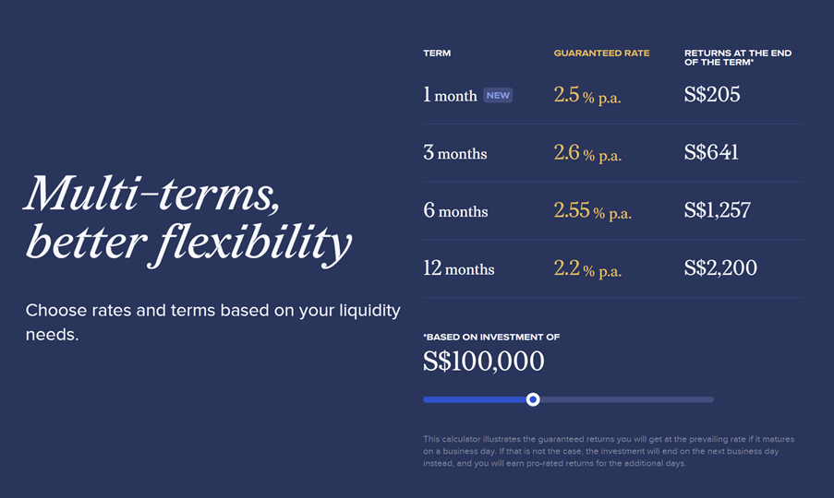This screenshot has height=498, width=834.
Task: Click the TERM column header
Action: point(437,53)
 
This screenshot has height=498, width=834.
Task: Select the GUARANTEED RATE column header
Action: point(601,53)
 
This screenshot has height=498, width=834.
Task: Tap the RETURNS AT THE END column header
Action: point(738,57)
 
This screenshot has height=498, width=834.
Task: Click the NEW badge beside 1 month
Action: point(498,96)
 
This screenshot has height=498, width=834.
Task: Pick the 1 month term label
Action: point(450,95)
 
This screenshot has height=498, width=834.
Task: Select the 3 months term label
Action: point(455,153)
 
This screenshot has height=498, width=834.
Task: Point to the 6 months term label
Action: point(456,211)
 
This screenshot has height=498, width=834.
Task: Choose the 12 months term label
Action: point(459,268)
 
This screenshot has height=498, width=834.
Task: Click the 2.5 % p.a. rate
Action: point(587,96)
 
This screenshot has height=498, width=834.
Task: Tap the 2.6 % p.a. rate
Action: point(587,153)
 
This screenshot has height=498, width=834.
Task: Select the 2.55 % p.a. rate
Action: point(593,211)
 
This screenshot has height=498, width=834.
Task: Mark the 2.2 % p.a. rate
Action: point(587,269)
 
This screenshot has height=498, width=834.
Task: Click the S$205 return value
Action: point(712,94)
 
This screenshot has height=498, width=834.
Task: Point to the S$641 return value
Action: point(712,152)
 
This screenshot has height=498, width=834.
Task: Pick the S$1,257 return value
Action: point(718,210)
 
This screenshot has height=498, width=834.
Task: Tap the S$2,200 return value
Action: point(720,268)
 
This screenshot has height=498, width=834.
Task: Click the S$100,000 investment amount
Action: point(483,362)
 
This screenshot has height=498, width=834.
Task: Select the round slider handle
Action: point(533,399)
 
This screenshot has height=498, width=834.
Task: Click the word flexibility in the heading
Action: point(254,243)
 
